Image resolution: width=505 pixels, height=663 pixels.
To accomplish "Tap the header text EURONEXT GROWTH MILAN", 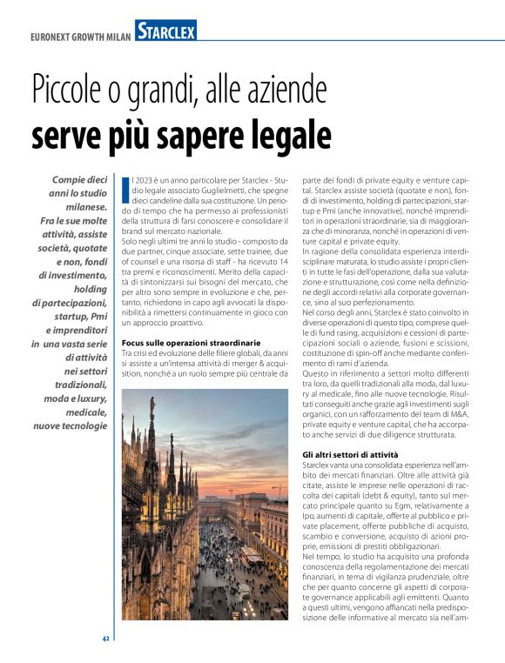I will point(79,37).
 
